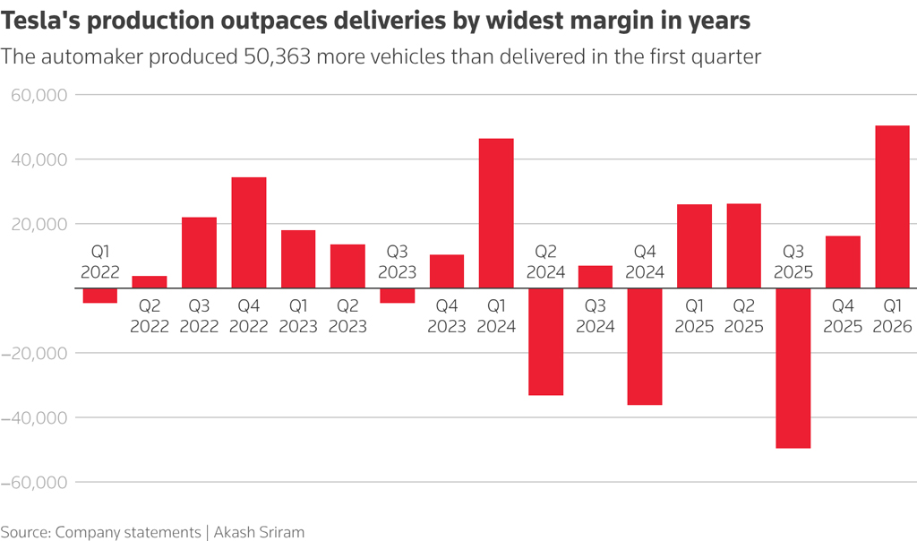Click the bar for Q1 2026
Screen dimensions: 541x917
pyautogui.click(x=892, y=207)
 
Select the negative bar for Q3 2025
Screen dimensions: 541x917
pyautogui.click(x=793, y=368)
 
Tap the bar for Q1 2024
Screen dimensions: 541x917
pyautogui.click(x=496, y=213)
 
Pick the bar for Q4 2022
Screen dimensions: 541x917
pyautogui.click(x=249, y=233)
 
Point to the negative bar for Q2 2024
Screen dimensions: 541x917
pyautogui.click(x=545, y=341)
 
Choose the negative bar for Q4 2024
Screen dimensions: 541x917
pyautogui.click(x=645, y=347)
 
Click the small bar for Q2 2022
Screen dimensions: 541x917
pyautogui.click(x=150, y=282)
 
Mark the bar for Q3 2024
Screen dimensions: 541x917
pyautogui.click(x=596, y=277)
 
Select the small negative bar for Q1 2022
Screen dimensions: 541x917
pyautogui.click(x=100, y=296)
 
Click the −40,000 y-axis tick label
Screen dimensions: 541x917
pyautogui.click(x=33, y=417)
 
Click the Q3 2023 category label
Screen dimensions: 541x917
pyautogui.click(x=397, y=261)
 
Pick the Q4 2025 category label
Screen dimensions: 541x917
pyautogui.click(x=843, y=316)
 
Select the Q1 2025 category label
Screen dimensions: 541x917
pyautogui.click(x=694, y=316)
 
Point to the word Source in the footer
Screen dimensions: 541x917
pyautogui.click(x=25, y=532)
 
